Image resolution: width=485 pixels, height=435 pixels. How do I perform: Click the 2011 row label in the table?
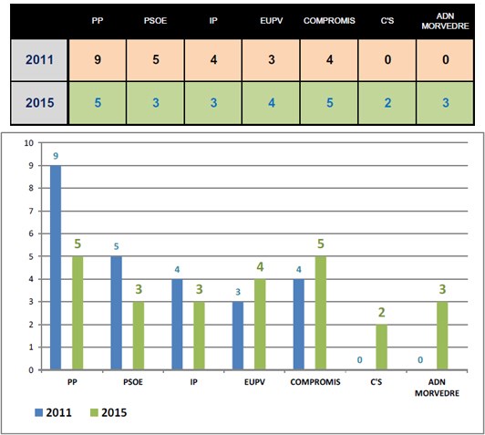point(43,60)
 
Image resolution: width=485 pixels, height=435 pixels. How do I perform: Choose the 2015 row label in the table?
point(43,102)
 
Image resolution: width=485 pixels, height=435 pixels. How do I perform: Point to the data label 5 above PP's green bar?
point(79,244)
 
